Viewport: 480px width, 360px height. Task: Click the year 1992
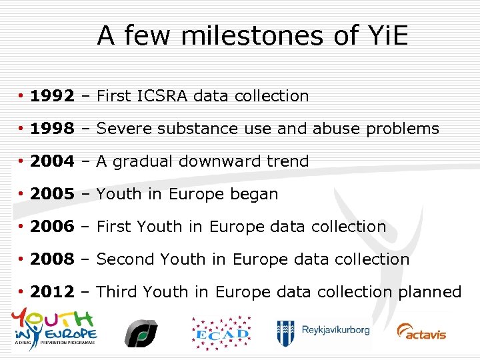coord(52,96)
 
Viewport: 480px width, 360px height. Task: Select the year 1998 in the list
coord(52,129)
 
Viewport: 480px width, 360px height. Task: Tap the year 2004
coord(52,161)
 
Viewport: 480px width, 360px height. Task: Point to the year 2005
coord(52,194)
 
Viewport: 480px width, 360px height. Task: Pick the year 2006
coord(52,227)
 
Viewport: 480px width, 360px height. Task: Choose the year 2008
coord(52,259)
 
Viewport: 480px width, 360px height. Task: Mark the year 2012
coord(52,292)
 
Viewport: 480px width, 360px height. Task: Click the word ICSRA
coord(163,96)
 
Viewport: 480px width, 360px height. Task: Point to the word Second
coord(127,259)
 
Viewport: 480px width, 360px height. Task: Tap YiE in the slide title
coord(386,35)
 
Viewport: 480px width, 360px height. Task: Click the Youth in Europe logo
coord(54,327)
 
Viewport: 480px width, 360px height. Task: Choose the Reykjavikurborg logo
coord(323,331)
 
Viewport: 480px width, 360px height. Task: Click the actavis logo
coord(421,331)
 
